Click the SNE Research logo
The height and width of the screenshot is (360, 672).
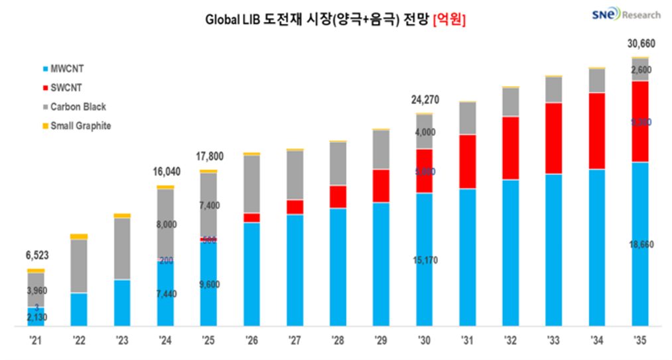[x=617, y=13]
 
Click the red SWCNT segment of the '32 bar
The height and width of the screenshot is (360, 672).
[x=510, y=148]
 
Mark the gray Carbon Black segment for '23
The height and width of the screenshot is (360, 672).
[x=122, y=249]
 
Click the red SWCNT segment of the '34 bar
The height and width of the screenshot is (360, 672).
[x=596, y=131]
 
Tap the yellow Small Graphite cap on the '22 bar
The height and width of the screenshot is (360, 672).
[x=79, y=237]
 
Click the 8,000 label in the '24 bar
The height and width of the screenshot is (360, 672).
[x=166, y=225]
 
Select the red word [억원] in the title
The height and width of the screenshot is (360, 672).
[x=449, y=21]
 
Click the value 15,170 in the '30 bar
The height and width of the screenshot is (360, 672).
[x=424, y=260]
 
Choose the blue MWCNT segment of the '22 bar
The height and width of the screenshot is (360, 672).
[x=79, y=310]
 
